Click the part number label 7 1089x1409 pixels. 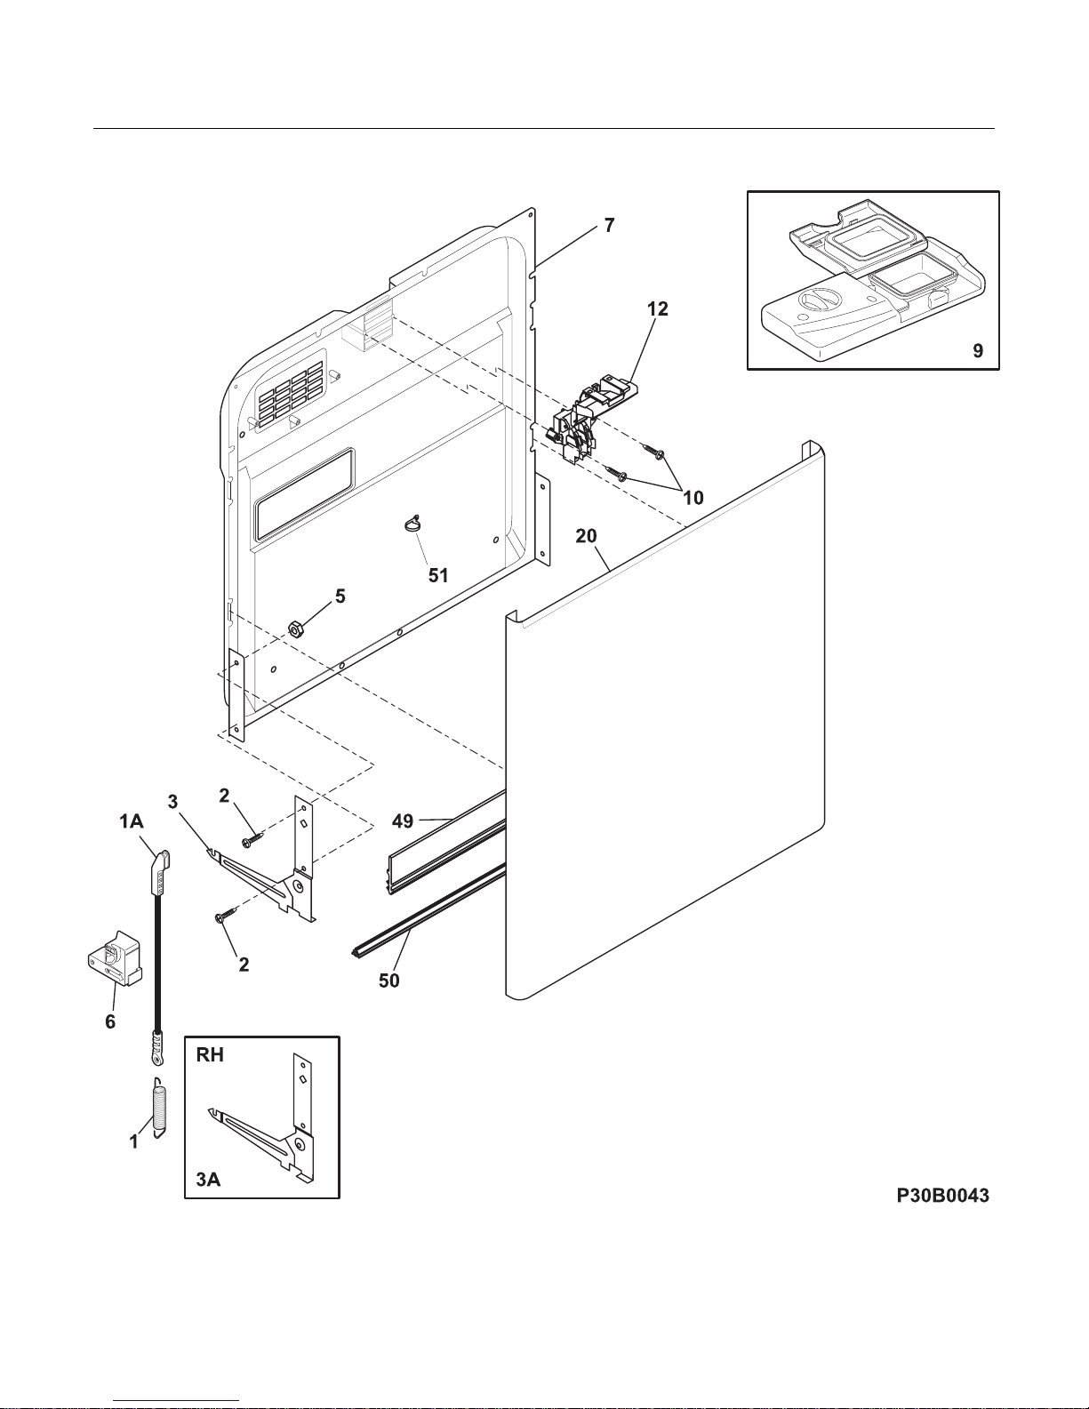click(x=609, y=226)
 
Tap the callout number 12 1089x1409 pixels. click(x=658, y=309)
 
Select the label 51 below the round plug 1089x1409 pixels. click(x=438, y=575)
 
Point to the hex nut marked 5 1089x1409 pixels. click(x=292, y=629)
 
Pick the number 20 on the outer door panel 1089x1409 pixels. click(x=586, y=536)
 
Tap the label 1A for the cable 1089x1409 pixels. click(x=132, y=822)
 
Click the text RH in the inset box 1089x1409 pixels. click(x=210, y=1055)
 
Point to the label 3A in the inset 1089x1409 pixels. click(x=208, y=1180)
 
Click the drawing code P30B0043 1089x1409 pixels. click(x=942, y=1197)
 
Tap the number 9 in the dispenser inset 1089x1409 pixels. click(x=978, y=350)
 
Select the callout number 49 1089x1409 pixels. click(x=403, y=821)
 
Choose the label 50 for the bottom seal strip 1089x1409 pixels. click(x=389, y=981)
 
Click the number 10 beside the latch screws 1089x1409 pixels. click(x=693, y=498)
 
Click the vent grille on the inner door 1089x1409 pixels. click(x=291, y=391)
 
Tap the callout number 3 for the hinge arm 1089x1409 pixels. click(x=172, y=801)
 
